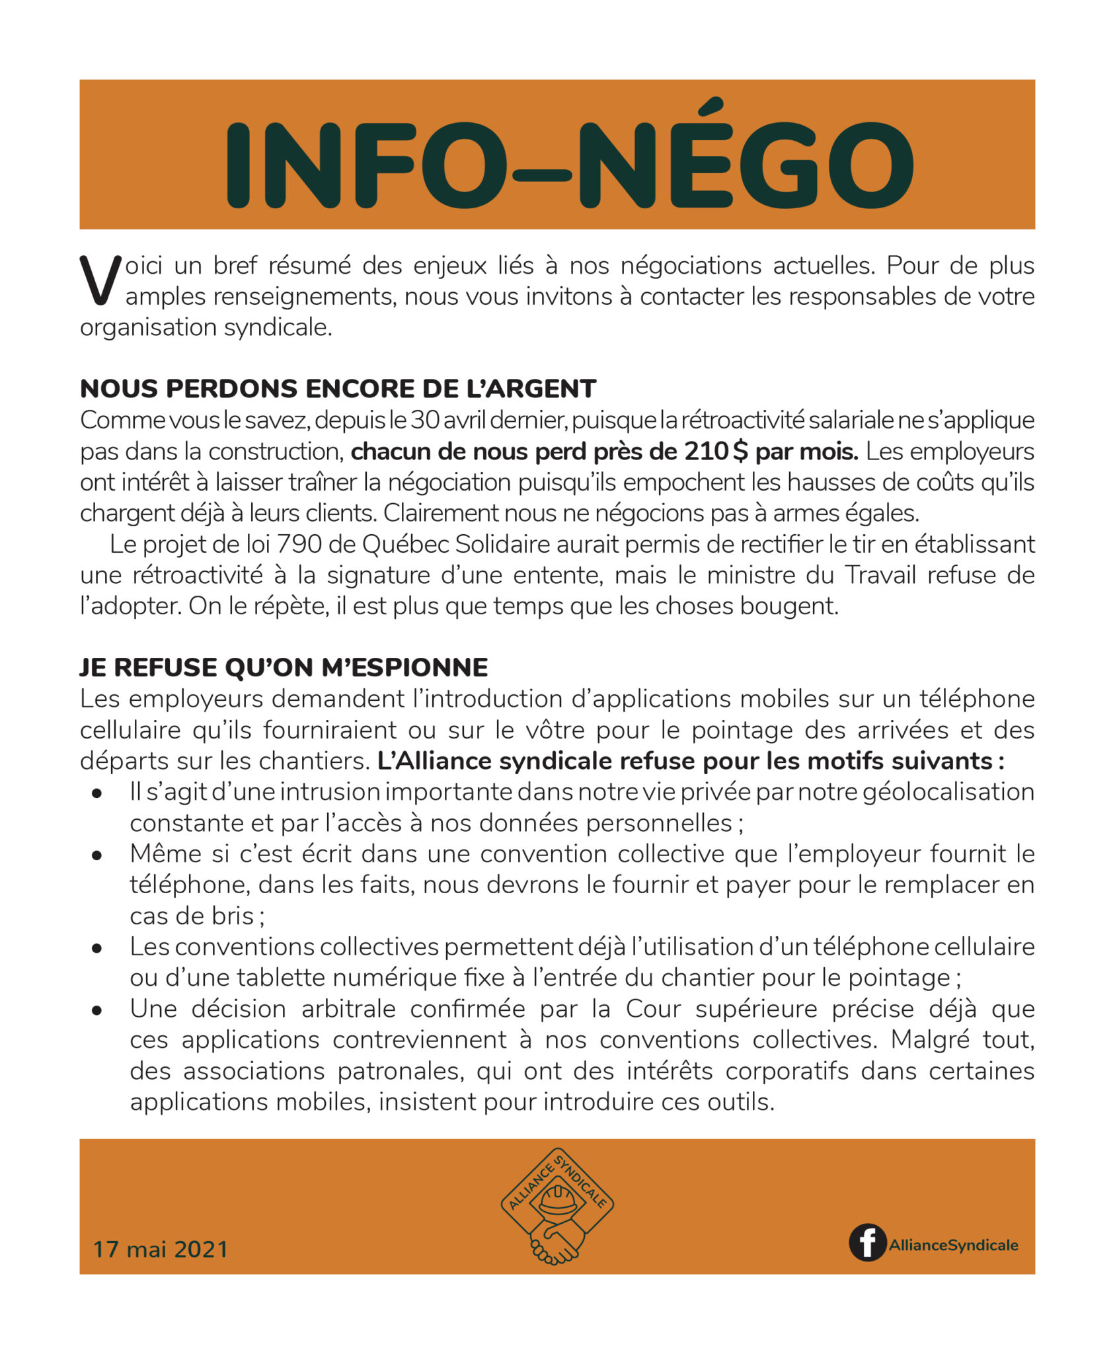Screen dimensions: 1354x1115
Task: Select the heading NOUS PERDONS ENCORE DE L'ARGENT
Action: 338,389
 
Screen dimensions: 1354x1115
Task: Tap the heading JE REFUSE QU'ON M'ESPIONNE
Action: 284,668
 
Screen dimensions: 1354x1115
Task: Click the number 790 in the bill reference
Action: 299,544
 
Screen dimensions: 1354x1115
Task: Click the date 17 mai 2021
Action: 161,1249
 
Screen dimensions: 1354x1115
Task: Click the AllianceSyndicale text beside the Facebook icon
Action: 953,1245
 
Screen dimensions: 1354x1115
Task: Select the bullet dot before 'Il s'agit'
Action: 98,793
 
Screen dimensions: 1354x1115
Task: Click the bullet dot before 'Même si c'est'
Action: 98,855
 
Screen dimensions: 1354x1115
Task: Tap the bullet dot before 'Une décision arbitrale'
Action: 98,1010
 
